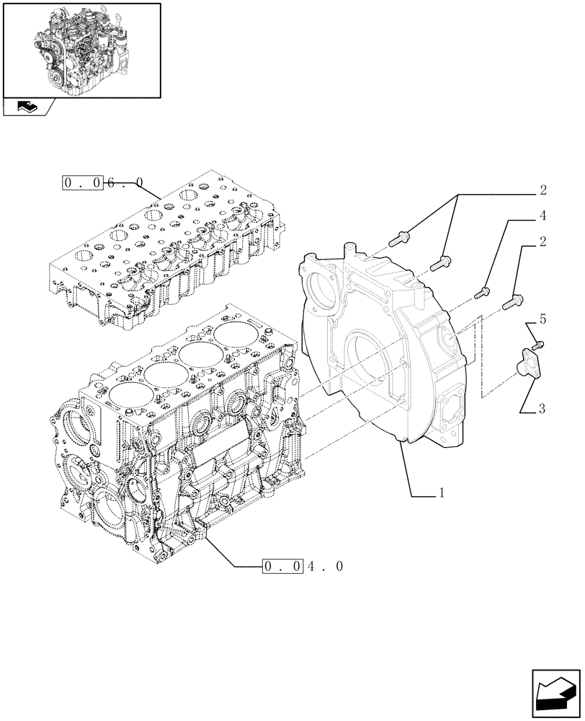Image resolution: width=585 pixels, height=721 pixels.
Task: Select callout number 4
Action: tap(542, 216)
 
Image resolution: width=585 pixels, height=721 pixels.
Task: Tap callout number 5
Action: tap(542, 318)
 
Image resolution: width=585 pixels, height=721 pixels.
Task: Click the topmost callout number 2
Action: tap(542, 190)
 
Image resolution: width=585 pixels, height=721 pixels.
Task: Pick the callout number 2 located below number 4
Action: tap(542, 242)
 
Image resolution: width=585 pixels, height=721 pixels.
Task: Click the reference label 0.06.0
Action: tap(103, 183)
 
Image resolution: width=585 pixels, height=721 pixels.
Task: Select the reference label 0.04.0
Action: tap(303, 567)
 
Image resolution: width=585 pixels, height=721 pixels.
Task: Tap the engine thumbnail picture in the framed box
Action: tap(81, 50)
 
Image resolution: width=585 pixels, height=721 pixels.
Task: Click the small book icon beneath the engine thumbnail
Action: tap(27, 107)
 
